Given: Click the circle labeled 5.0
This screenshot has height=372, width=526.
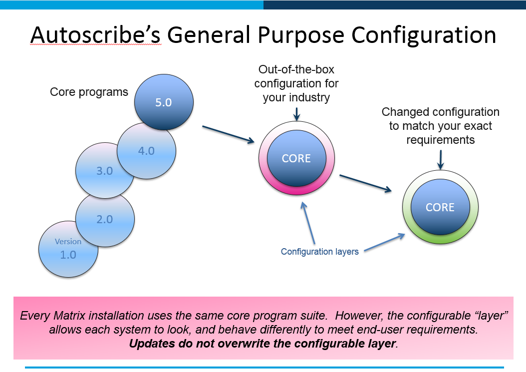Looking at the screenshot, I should pyautogui.click(x=164, y=103).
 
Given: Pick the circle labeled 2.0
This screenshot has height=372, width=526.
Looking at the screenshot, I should pyautogui.click(x=105, y=219).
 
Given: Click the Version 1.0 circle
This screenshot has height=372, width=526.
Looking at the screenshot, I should pyautogui.click(x=68, y=249).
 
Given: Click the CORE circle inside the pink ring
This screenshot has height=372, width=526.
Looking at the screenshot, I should pyautogui.click(x=296, y=159).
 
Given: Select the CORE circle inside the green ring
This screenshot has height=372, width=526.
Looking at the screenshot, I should pyautogui.click(x=440, y=207).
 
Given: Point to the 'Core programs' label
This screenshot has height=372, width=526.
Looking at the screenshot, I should pyautogui.click(x=89, y=92).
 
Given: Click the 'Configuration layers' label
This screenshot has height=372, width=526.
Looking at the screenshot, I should pyautogui.click(x=319, y=252).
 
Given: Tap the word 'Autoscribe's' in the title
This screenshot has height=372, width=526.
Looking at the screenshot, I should pyautogui.click(x=95, y=35).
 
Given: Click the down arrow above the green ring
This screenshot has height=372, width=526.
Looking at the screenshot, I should pyautogui.click(x=440, y=159).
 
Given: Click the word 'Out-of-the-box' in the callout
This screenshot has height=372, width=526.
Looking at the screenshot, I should pyautogui.click(x=296, y=69).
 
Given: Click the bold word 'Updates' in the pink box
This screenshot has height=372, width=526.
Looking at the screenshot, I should pyautogui.click(x=150, y=344).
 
